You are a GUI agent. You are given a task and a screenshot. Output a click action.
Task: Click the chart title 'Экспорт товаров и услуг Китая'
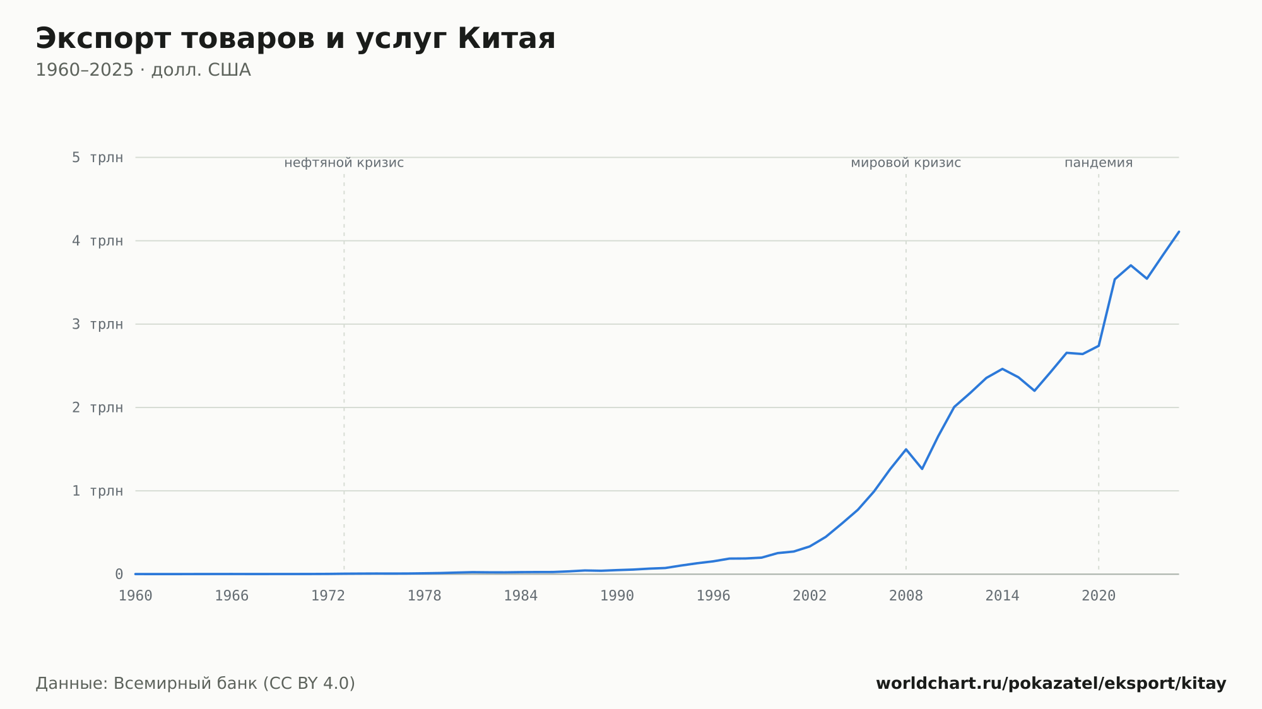(295, 39)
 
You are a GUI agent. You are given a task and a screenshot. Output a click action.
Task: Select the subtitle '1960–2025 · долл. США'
(143, 70)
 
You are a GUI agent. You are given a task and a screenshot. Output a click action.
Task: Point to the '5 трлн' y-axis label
(97, 157)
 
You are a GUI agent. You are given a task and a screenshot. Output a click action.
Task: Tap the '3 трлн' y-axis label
(97, 324)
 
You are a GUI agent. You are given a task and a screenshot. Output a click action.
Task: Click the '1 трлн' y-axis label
(97, 491)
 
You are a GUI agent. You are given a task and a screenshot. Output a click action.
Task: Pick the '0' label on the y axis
(119, 574)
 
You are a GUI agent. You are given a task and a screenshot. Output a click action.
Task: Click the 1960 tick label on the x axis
(136, 596)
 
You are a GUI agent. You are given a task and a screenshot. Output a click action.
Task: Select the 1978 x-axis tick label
(425, 596)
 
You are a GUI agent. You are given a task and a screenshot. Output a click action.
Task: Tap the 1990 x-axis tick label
(617, 596)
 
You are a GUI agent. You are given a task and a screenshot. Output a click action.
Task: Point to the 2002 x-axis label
(810, 596)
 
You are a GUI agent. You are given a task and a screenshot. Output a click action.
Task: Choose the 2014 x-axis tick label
(1003, 596)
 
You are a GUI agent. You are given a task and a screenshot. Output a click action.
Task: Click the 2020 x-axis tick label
(1099, 596)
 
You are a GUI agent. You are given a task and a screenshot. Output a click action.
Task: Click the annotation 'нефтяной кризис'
(344, 163)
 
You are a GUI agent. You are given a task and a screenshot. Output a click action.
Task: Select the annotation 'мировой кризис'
(906, 163)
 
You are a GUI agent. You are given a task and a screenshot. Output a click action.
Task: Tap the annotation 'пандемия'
(1099, 163)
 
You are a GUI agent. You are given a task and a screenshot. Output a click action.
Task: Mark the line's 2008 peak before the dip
(906, 449)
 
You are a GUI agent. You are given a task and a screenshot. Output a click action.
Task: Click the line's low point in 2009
(922, 469)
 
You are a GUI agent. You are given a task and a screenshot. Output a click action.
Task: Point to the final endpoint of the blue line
(1179, 231)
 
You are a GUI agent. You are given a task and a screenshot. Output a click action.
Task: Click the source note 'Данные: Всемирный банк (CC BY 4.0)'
(196, 683)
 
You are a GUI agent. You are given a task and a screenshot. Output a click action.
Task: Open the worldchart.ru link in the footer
(1051, 683)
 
